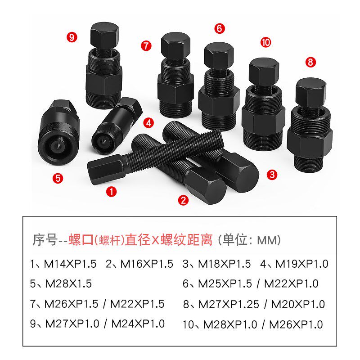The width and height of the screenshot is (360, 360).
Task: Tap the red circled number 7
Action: [x=145, y=45]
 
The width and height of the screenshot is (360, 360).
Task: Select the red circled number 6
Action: [x=219, y=28]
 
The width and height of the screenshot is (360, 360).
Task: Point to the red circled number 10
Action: [x=265, y=43]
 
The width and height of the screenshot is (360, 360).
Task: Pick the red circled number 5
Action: [x=57, y=178]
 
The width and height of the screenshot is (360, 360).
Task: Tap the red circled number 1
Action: [x=111, y=192]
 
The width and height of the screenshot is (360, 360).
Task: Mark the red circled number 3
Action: [x=271, y=175]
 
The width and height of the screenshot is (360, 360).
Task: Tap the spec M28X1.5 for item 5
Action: [x=68, y=284]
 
